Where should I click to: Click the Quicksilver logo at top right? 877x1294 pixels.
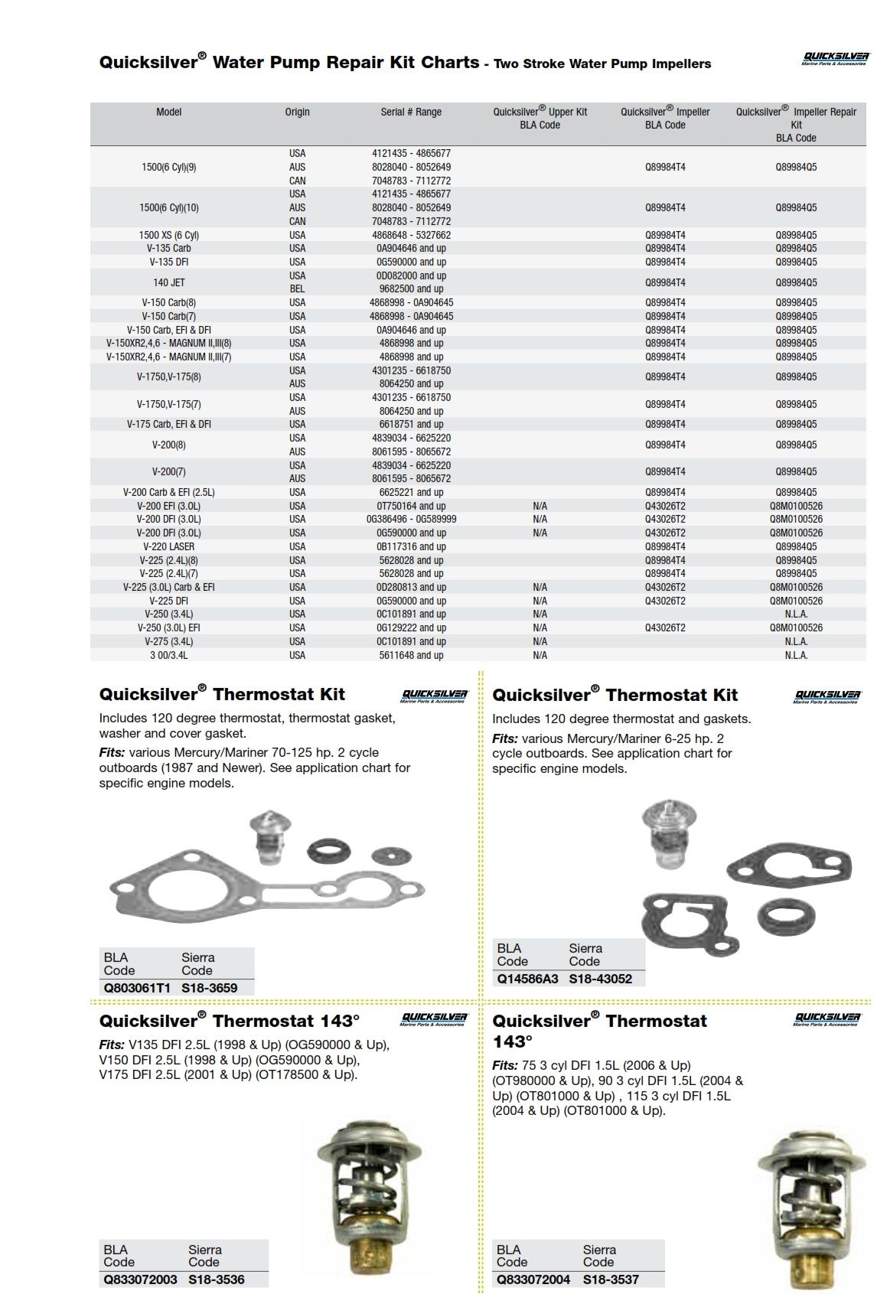click(835, 58)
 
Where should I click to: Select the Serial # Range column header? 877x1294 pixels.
click(411, 112)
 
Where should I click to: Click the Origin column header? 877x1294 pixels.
click(297, 112)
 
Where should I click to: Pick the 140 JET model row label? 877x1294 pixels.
click(168, 282)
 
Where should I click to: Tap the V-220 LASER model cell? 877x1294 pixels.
click(168, 546)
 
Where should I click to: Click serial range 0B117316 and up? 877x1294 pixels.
click(411, 546)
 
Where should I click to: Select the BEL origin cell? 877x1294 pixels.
click(297, 289)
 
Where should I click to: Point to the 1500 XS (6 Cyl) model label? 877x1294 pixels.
click(168, 235)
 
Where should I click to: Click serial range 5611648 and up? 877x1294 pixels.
click(411, 655)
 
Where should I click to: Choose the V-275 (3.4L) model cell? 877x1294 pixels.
click(168, 641)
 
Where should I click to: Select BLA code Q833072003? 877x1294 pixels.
click(140, 1279)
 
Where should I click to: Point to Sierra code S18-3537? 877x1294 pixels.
click(610, 1279)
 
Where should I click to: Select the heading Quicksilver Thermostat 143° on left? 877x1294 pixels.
click(229, 1021)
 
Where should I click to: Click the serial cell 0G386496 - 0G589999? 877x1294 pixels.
click(411, 520)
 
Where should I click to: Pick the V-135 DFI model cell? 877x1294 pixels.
click(168, 262)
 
